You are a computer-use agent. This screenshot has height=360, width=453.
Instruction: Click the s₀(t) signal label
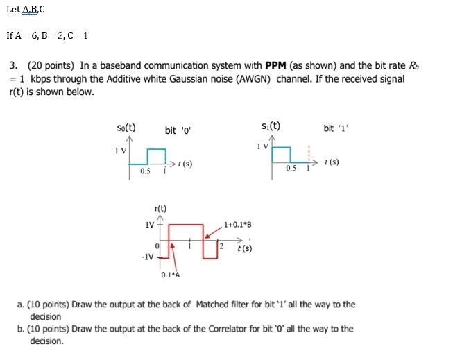point(126,128)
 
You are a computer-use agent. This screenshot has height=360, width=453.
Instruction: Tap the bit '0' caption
point(177,130)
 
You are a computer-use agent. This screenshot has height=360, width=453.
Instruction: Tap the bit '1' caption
point(335,128)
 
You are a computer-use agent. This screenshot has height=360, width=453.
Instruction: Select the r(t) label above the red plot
point(160,208)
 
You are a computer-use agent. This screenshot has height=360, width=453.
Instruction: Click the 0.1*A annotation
point(170,275)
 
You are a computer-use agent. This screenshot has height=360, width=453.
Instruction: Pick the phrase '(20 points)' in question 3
point(49,66)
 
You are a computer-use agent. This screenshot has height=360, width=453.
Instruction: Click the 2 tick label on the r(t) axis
point(221,246)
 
